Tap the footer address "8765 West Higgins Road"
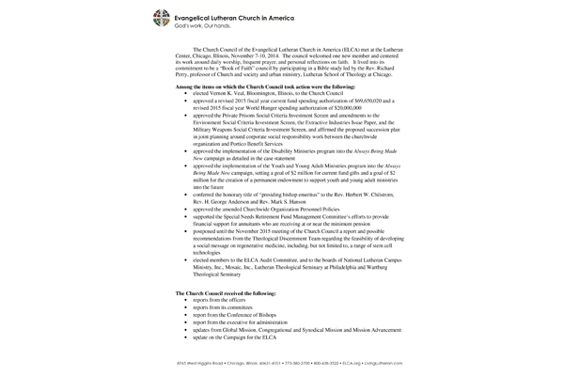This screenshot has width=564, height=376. pyautogui.click(x=202, y=361)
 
